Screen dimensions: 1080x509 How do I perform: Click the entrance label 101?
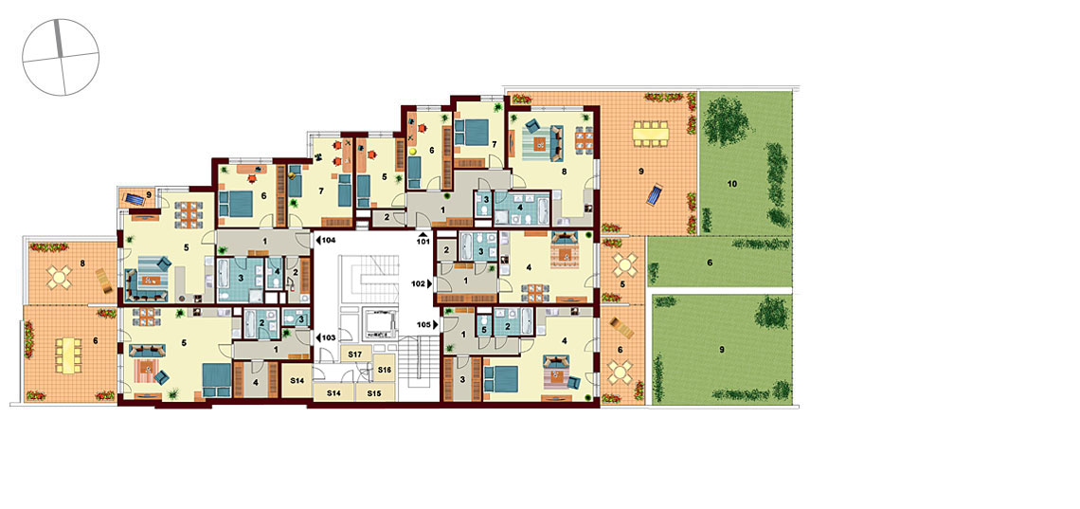click(423, 242)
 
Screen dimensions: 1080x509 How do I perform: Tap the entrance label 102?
click(420, 283)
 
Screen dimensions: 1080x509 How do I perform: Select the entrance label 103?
click(328, 338)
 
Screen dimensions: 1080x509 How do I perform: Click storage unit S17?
click(356, 354)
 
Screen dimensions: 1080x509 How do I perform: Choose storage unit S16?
click(384, 370)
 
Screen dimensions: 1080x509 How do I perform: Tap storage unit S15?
click(375, 393)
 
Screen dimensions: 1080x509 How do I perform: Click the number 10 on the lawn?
click(731, 184)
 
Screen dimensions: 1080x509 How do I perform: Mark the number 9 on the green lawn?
click(723, 350)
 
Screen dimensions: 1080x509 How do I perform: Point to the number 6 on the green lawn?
click(711, 263)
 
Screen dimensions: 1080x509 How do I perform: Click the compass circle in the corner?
click(61, 57)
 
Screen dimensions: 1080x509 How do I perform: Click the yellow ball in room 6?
click(413, 150)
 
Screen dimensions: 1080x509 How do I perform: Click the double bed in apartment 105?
click(501, 378)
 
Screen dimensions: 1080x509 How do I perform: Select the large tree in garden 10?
click(727, 121)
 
